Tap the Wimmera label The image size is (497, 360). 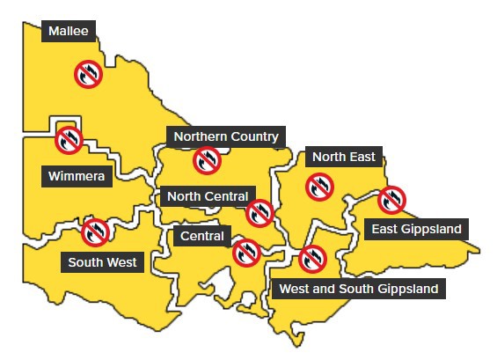click(x=77, y=177)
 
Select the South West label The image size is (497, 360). click(x=105, y=261)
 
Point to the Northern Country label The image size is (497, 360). click(x=225, y=136)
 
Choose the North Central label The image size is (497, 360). click(x=207, y=196)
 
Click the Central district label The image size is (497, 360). click(x=202, y=236)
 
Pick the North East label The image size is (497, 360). click(x=343, y=157)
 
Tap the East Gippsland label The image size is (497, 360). click(x=416, y=230)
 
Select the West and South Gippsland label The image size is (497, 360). click(x=357, y=288)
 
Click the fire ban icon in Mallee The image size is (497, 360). click(x=87, y=74)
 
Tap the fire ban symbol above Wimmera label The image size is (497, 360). click(x=69, y=139)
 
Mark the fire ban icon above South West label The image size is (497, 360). click(x=94, y=232)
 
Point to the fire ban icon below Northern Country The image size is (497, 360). click(x=207, y=161)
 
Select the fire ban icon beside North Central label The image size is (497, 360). click(x=259, y=212)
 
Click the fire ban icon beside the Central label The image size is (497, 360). click(x=246, y=253)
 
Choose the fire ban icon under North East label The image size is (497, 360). click(x=318, y=187)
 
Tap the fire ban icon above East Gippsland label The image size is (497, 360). click(x=391, y=201)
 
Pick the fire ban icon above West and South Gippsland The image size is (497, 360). click(x=311, y=259)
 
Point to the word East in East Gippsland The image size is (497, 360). click(x=385, y=230)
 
